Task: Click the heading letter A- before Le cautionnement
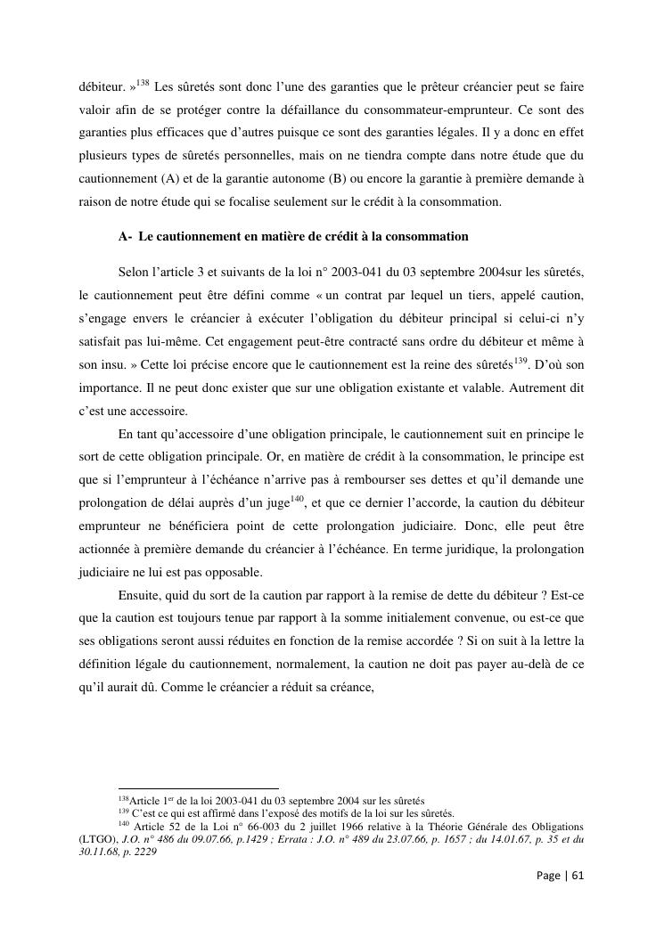126,236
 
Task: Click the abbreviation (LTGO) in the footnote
97,838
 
